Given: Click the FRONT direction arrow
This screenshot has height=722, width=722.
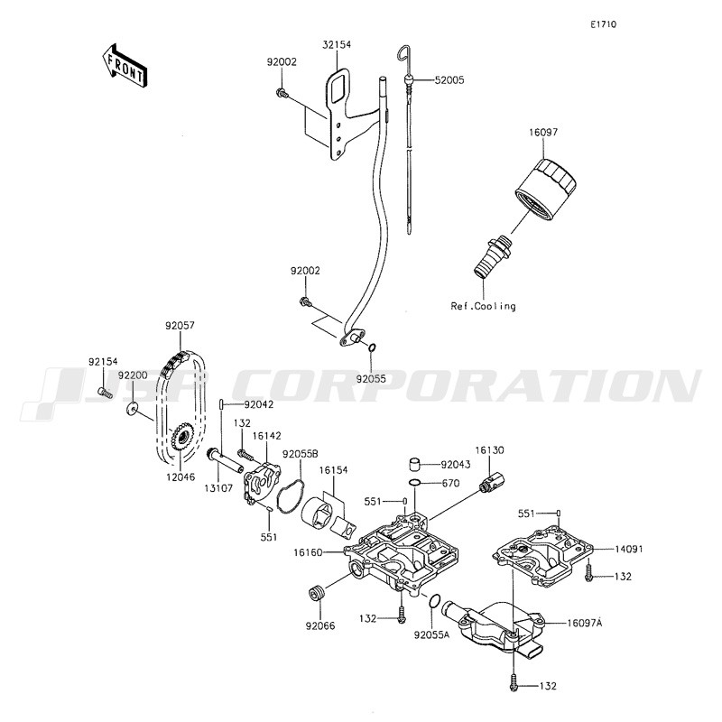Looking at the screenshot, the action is (124, 65).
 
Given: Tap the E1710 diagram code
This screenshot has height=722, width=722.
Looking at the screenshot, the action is (604, 24).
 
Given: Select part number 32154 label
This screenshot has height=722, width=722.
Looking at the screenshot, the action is (337, 44).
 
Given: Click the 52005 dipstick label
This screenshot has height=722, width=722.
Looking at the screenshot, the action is (449, 80).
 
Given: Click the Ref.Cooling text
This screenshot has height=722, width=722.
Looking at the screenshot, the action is (483, 306).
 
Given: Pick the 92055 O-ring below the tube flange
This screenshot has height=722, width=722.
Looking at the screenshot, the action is (373, 347).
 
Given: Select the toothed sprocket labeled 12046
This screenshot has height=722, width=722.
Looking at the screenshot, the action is (182, 439).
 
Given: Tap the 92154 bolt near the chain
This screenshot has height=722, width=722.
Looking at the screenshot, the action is (105, 393).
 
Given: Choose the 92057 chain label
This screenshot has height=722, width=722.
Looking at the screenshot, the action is (180, 326).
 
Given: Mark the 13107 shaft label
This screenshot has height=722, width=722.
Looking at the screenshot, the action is (218, 488).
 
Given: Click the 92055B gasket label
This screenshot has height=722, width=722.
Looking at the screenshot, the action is (301, 454).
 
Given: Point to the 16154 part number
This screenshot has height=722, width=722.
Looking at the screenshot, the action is (333, 470).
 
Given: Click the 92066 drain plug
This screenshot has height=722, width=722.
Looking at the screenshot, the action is (315, 592).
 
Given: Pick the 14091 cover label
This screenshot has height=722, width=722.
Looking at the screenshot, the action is (629, 549).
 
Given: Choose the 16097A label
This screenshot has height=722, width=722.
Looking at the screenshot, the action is (584, 623).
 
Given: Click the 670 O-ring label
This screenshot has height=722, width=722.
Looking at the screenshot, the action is (450, 483).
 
